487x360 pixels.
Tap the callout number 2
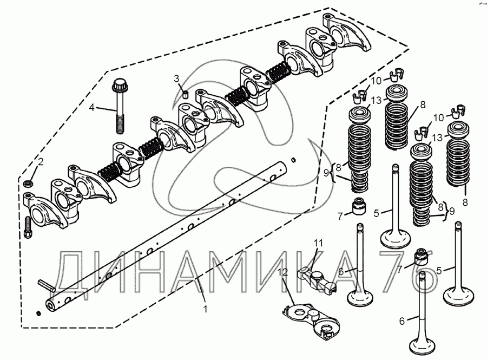pos(40,162)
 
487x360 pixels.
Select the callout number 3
pos(176,78)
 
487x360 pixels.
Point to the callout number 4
pos(92,108)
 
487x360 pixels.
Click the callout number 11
pos(319,243)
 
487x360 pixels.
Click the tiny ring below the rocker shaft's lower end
pos(38,314)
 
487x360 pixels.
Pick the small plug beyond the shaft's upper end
pos(293,160)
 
